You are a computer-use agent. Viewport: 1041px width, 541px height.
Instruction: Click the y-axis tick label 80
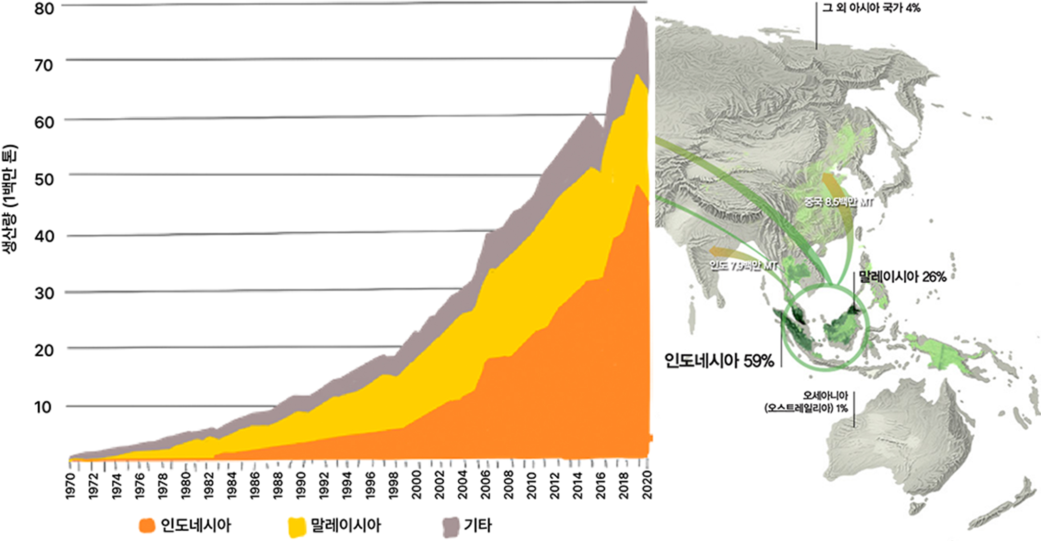[43, 9]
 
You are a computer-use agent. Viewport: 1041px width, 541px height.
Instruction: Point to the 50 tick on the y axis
[43, 179]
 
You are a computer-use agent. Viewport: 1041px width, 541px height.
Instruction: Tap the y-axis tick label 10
[43, 407]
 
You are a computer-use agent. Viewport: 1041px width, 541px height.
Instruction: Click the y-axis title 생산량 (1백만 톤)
[11, 199]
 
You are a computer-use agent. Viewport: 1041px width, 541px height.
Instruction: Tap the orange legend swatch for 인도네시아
[147, 526]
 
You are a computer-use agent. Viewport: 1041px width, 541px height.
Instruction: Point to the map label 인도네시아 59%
[719, 361]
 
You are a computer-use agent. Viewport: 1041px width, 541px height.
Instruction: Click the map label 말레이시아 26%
[902, 277]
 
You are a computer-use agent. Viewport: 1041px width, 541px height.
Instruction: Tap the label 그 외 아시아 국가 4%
[871, 8]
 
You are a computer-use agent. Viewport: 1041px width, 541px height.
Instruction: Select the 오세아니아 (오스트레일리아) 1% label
[806, 402]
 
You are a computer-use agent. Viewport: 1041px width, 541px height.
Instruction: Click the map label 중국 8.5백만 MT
[838, 202]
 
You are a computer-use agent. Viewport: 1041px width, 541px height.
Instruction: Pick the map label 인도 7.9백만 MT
[743, 265]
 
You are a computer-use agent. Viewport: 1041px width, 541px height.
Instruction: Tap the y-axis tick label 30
[43, 293]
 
